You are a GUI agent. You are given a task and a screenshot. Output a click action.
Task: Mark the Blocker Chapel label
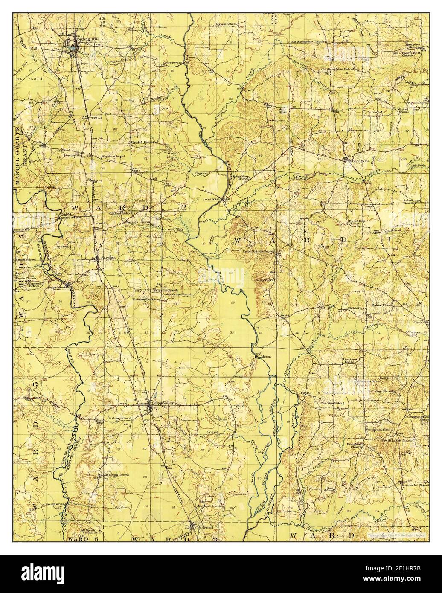pyautogui.click(x=112, y=156)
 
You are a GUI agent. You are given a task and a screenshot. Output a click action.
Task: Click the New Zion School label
pyautogui.click(x=333, y=403)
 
